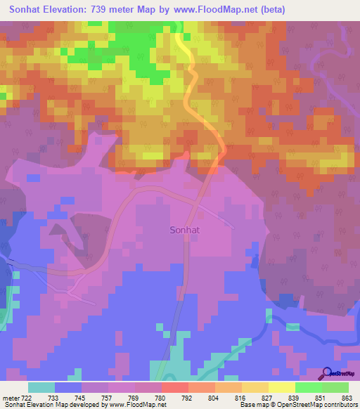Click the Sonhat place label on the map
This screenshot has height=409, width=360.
coord(187,229)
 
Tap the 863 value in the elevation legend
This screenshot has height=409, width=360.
coord(347,397)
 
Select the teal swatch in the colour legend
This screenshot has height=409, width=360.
coord(41,387)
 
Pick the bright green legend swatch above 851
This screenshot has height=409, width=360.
coord(308,387)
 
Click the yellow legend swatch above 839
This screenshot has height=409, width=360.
coord(281,387)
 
